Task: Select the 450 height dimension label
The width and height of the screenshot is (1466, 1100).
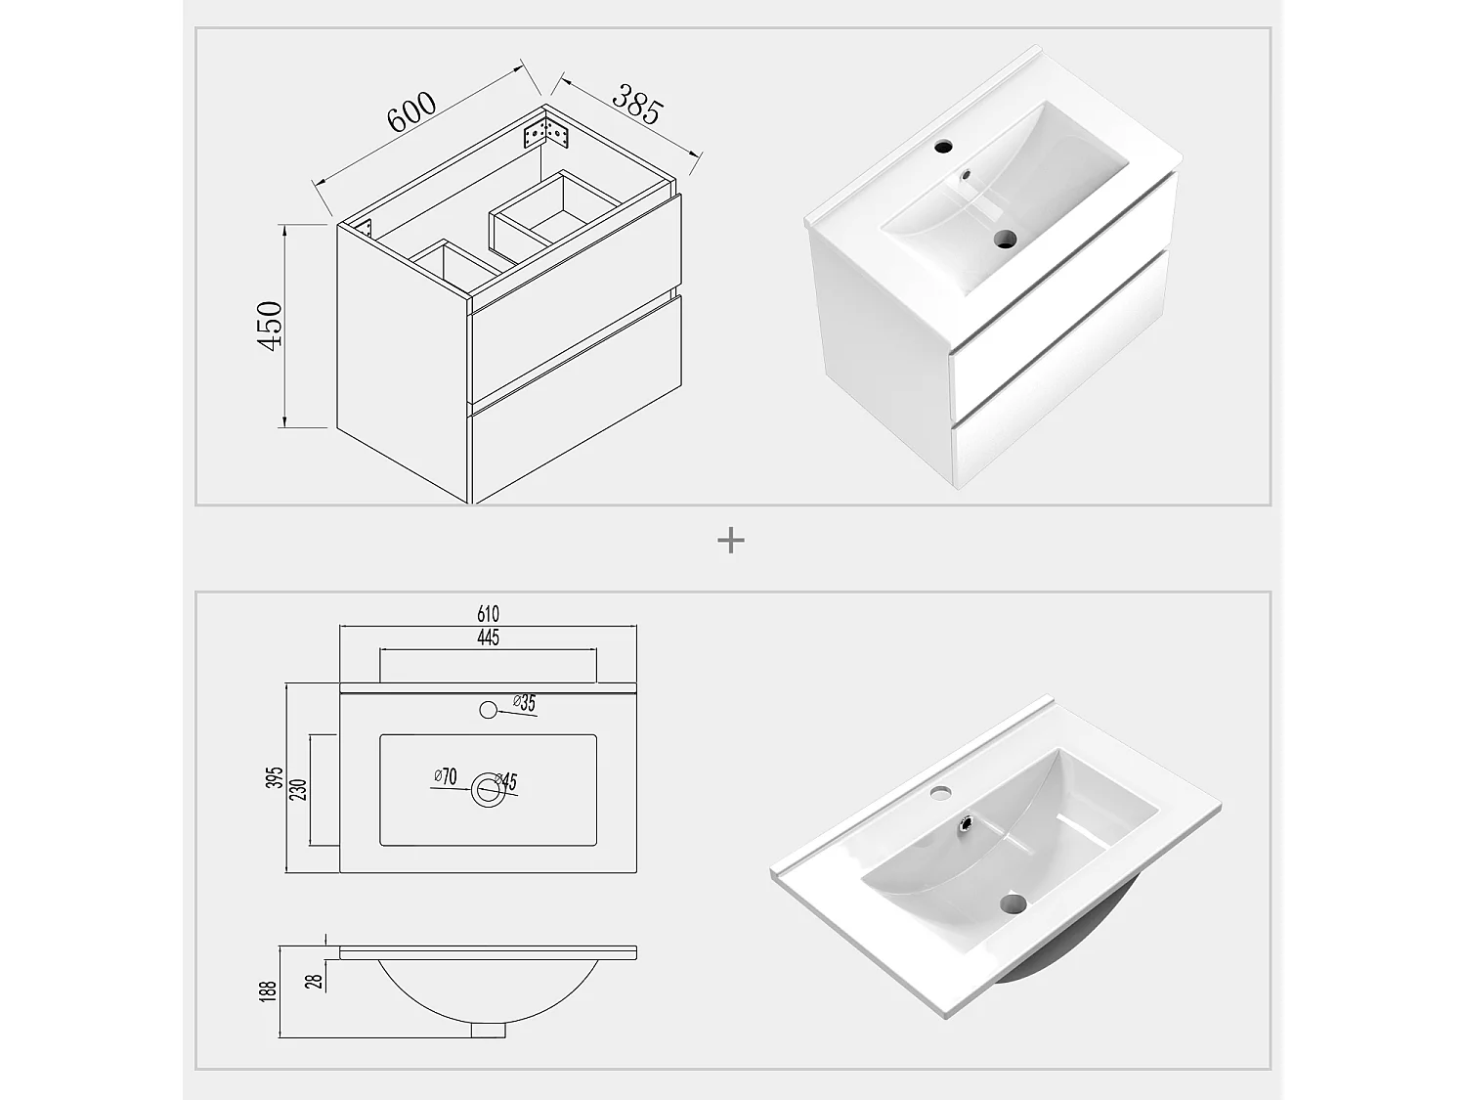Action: click(x=269, y=327)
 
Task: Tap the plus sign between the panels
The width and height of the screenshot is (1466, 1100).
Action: click(x=730, y=541)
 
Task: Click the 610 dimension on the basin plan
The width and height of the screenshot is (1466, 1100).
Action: click(x=488, y=614)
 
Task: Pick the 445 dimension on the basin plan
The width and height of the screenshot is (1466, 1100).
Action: click(x=488, y=638)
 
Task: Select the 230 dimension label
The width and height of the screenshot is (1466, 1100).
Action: click(x=299, y=789)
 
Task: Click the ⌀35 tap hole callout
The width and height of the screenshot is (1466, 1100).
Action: click(x=525, y=703)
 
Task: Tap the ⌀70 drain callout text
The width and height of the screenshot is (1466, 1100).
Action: click(x=446, y=777)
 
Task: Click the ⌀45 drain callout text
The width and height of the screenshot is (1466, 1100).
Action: click(x=506, y=781)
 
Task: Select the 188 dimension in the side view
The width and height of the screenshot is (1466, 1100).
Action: click(x=270, y=990)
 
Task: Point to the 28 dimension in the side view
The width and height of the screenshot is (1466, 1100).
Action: click(x=315, y=979)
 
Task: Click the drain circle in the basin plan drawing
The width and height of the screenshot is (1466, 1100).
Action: click(x=488, y=790)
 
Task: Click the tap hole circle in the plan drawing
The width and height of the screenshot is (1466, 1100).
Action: click(x=488, y=711)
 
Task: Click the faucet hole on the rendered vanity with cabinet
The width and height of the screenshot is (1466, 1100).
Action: click(x=943, y=149)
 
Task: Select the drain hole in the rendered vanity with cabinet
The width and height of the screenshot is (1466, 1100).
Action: click(x=1004, y=238)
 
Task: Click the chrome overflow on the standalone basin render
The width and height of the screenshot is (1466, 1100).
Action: click(x=965, y=825)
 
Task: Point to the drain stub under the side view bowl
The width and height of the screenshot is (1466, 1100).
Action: click(x=489, y=1029)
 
